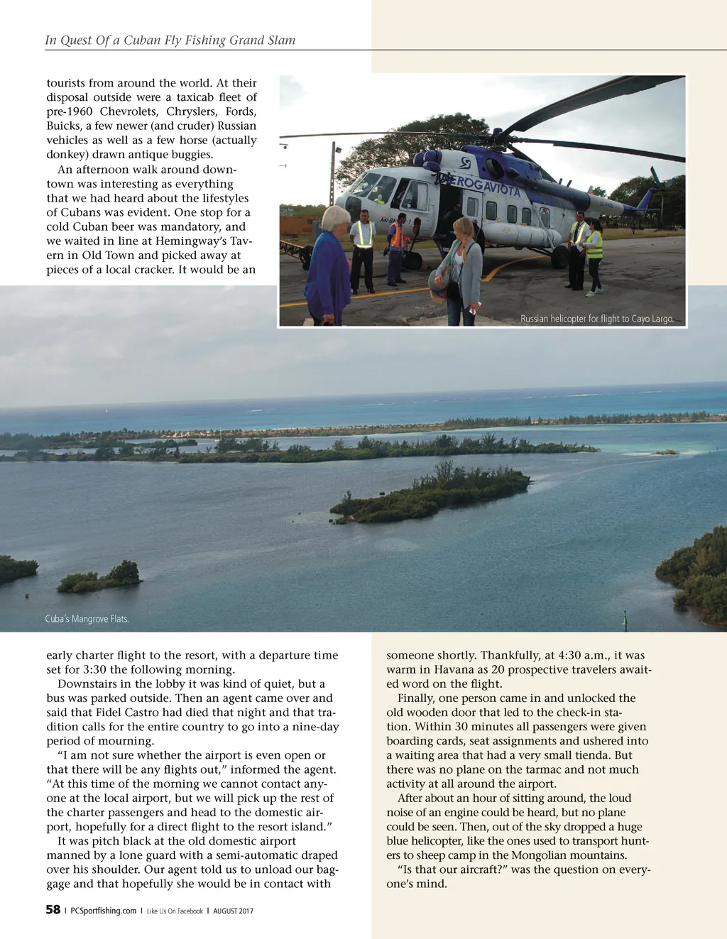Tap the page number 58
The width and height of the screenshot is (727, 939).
[x=53, y=910]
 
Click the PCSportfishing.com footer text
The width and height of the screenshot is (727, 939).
[x=104, y=911]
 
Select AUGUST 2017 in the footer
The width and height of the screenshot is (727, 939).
[x=233, y=911]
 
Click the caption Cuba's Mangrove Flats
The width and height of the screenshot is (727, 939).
[x=87, y=619]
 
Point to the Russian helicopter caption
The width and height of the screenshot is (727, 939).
[x=596, y=319]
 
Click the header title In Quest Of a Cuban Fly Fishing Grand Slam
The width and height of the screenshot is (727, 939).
[x=170, y=40]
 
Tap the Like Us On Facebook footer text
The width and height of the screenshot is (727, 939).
[x=175, y=911]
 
